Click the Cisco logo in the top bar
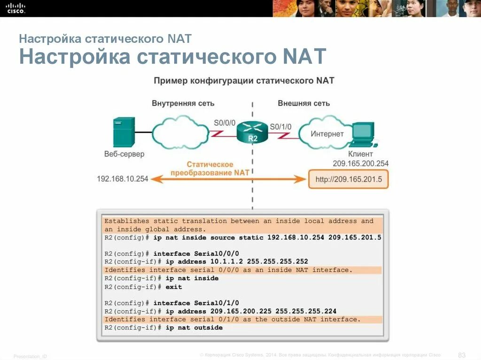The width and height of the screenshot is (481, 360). tap(16, 8)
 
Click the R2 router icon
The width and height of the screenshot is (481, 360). tap(252, 131)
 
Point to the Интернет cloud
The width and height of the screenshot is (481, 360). tap(327, 134)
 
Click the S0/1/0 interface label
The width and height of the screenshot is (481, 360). tap(280, 126)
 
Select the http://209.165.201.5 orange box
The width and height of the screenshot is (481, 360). tap(349, 179)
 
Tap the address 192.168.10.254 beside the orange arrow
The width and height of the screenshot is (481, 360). tap(123, 179)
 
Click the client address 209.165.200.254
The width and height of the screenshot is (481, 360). tap(360, 164)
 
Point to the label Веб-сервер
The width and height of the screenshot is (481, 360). tap(124, 154)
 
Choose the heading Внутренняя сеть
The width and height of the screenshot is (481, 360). tap(183, 103)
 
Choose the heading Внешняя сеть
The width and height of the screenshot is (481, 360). tap(303, 103)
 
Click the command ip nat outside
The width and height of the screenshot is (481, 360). tap(194, 328)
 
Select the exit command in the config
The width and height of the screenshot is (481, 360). tap(174, 287)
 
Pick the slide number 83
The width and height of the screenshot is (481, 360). tap(461, 354)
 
